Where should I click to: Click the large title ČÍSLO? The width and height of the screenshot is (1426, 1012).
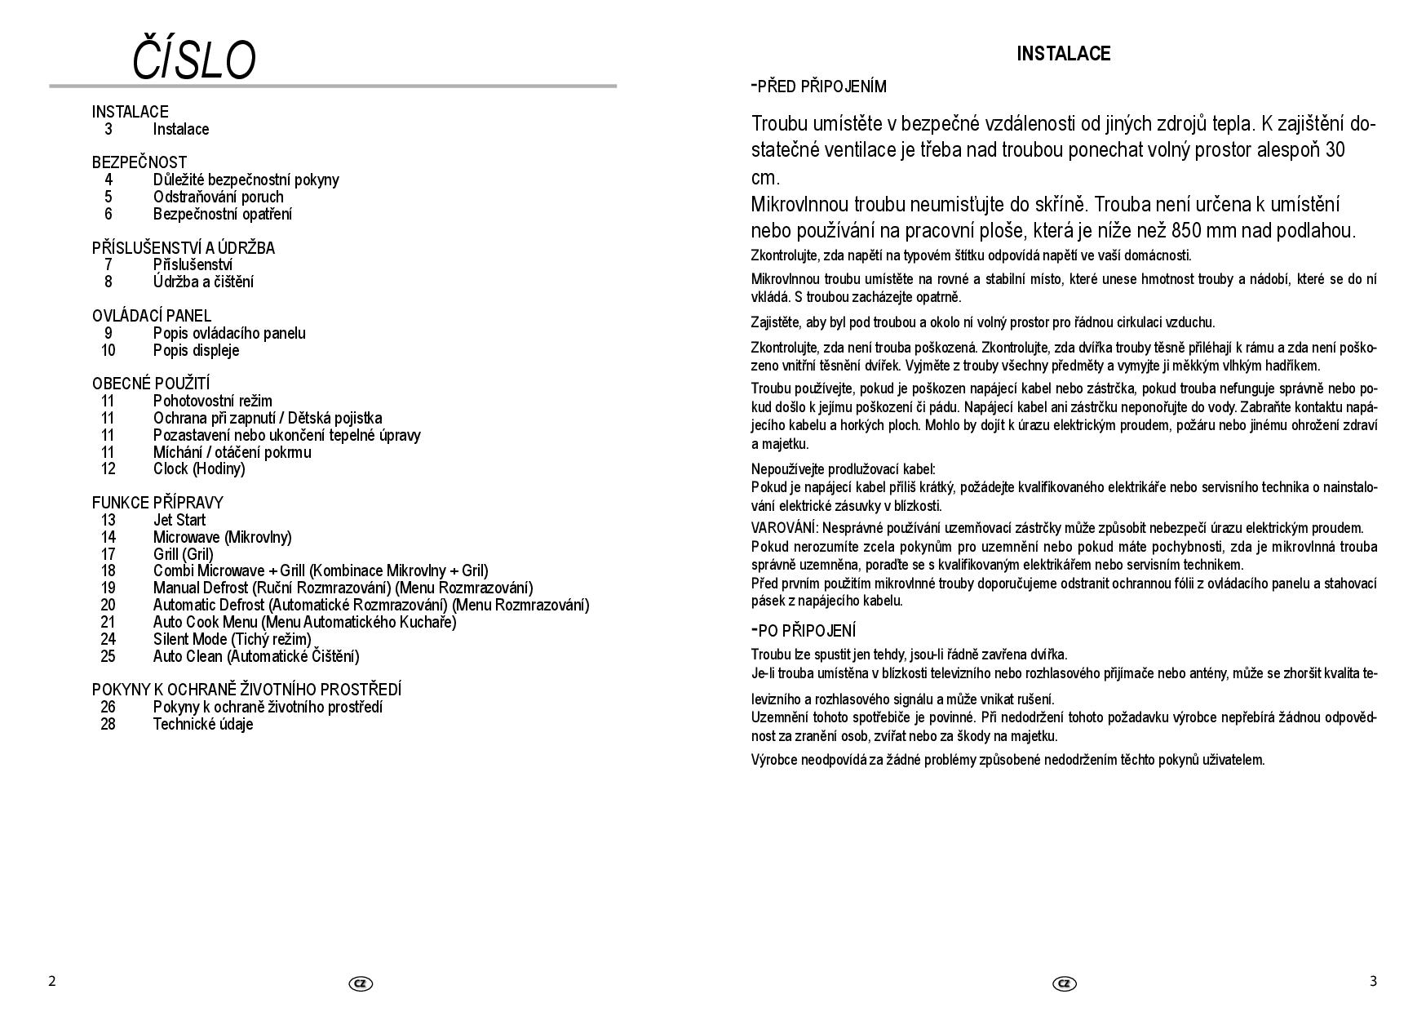194,60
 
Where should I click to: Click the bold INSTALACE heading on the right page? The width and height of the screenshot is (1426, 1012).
1063,54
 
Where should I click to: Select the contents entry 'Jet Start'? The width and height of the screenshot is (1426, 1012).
179,520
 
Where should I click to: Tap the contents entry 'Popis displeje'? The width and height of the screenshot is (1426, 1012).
196,350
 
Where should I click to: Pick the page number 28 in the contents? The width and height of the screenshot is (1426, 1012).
108,724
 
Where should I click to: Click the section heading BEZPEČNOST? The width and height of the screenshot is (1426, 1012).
139,162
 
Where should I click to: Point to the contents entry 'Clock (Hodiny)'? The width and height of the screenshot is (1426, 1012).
199,468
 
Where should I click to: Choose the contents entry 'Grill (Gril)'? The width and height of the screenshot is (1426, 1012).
183,554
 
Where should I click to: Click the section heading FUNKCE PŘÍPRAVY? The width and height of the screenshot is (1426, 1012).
157,503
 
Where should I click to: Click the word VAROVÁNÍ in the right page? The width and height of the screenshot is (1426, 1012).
784,528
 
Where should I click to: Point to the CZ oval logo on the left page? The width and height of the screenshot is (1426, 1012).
360,983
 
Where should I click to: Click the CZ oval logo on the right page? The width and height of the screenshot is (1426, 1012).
1064,983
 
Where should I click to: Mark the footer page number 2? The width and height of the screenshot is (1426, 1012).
52,981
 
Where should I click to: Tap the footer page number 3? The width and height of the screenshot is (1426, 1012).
1373,981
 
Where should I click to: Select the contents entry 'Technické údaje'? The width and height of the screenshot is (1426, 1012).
203,724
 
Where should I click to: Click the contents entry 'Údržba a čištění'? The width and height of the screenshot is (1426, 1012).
203,282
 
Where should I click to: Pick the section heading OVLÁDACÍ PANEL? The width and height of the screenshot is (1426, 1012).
151,316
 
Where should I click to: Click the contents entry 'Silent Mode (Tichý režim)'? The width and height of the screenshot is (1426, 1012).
232,639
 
